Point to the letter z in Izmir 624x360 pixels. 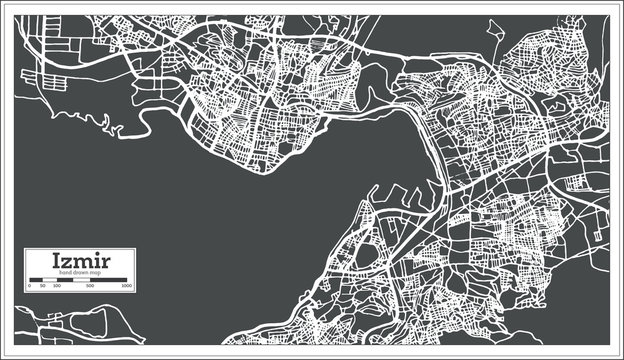point(68,263)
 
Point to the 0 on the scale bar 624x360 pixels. point(29,287)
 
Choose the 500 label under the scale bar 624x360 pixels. point(91,287)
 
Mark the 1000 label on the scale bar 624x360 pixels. point(127,287)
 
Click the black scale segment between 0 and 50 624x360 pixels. point(35,281)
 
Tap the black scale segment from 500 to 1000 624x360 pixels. point(109,281)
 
